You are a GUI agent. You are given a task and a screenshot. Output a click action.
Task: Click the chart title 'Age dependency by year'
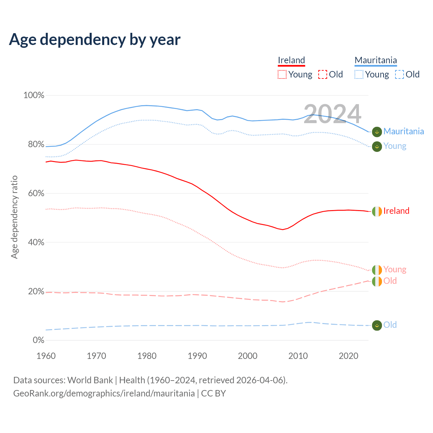tap(95, 40)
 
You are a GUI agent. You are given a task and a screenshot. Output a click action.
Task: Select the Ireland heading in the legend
tap(291, 61)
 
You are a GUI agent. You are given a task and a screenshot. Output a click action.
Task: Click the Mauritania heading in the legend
tap(375, 61)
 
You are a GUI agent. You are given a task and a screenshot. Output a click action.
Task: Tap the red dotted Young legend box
tap(282, 74)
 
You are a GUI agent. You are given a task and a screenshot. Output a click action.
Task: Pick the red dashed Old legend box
tap(323, 74)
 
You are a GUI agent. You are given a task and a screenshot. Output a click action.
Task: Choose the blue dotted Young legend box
tap(359, 74)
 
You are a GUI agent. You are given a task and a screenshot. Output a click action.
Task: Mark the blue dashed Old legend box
tap(400, 74)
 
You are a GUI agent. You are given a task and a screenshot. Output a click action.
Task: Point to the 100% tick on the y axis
tap(34, 95)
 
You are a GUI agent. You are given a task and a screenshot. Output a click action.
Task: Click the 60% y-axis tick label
tap(36, 193)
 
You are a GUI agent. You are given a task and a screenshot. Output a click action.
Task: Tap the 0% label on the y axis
tap(38, 340)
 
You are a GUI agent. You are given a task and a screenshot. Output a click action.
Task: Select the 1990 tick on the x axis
tap(197, 356)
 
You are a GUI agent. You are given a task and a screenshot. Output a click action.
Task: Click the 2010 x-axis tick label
tap(298, 356)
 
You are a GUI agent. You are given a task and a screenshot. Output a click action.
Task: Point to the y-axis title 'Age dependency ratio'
tap(14, 217)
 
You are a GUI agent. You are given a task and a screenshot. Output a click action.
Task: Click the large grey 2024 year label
tap(332, 114)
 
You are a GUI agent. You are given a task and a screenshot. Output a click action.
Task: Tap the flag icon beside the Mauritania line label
tap(377, 132)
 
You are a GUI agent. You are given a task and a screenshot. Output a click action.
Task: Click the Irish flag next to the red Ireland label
tap(377, 211)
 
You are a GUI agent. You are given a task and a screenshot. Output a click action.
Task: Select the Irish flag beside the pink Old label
tap(377, 281)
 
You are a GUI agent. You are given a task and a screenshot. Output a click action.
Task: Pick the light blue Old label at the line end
tap(390, 325)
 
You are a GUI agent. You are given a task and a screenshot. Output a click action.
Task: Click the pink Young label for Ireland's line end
tap(395, 270)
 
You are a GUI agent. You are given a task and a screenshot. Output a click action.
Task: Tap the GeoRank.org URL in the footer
tap(104, 393)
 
